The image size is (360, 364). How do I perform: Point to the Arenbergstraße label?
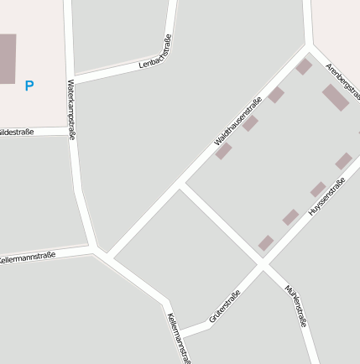[342, 79]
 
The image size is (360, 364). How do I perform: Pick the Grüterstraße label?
[224, 307]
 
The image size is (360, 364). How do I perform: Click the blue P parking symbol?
[29, 86]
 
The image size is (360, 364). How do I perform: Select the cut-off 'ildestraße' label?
[17, 132]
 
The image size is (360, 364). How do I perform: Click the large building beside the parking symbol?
[7, 59]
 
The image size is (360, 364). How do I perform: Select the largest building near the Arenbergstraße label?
[335, 97]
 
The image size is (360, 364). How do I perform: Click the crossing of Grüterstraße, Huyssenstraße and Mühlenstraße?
[263, 266]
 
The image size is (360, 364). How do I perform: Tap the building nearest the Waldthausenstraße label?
[223, 151]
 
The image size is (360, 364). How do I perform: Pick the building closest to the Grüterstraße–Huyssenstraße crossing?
[266, 243]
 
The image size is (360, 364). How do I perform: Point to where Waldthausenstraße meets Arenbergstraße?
[308, 48]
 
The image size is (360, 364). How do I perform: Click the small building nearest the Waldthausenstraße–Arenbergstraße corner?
[304, 66]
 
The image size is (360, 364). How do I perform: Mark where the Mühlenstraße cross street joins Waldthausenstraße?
[181, 185]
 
